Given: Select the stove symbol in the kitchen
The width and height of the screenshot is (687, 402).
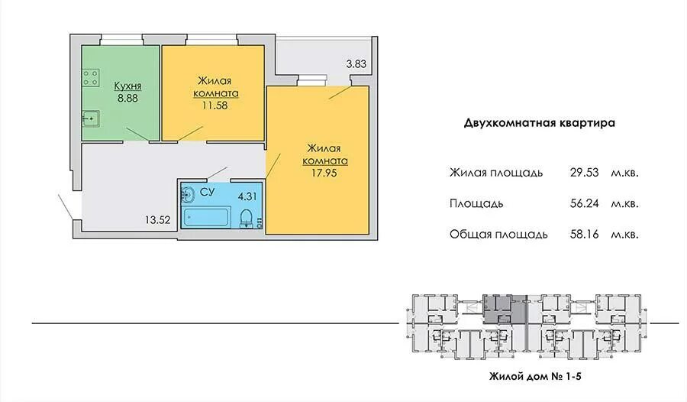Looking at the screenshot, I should (x=92, y=77).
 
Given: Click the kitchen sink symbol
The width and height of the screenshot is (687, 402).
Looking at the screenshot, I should (x=91, y=118).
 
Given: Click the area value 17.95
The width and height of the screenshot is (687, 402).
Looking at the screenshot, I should (x=325, y=173).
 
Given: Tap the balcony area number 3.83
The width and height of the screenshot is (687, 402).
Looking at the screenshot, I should (x=356, y=64).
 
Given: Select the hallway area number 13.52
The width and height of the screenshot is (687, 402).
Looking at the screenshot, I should (x=157, y=219).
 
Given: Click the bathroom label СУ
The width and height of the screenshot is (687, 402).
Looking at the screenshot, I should (x=206, y=191).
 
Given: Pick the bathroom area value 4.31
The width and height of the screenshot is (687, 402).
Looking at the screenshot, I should (x=247, y=196).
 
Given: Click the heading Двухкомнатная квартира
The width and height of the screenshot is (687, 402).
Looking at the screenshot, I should (x=540, y=122).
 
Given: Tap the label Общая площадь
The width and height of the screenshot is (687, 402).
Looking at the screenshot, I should (x=498, y=235).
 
